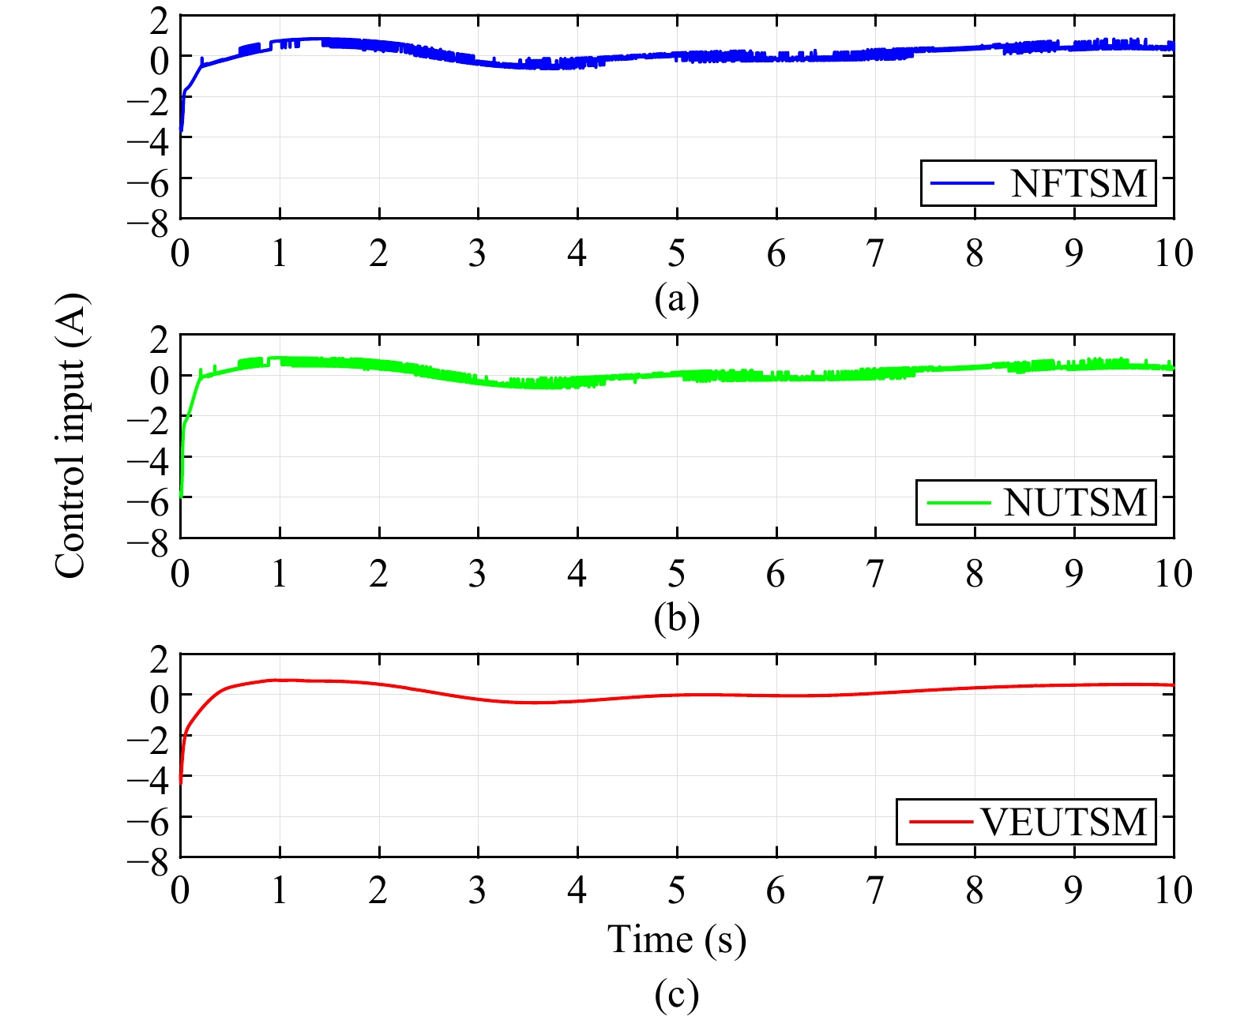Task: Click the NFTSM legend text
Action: [x=1078, y=184]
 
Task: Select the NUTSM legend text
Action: [x=1075, y=503]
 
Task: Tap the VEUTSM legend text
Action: [x=1064, y=822]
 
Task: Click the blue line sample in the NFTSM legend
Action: [x=962, y=183]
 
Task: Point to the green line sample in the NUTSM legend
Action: [x=958, y=502]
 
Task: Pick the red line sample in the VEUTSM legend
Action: [x=940, y=822]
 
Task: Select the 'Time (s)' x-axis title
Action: [x=677, y=939]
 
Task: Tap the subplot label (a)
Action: [x=677, y=299]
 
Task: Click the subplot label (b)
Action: [x=677, y=618]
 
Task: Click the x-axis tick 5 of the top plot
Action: [x=677, y=253]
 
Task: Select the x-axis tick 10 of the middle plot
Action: [x=1173, y=573]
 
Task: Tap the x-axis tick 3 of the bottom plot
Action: [x=477, y=891]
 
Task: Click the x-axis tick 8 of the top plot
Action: [x=975, y=253]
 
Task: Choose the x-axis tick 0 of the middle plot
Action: [x=180, y=573]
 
